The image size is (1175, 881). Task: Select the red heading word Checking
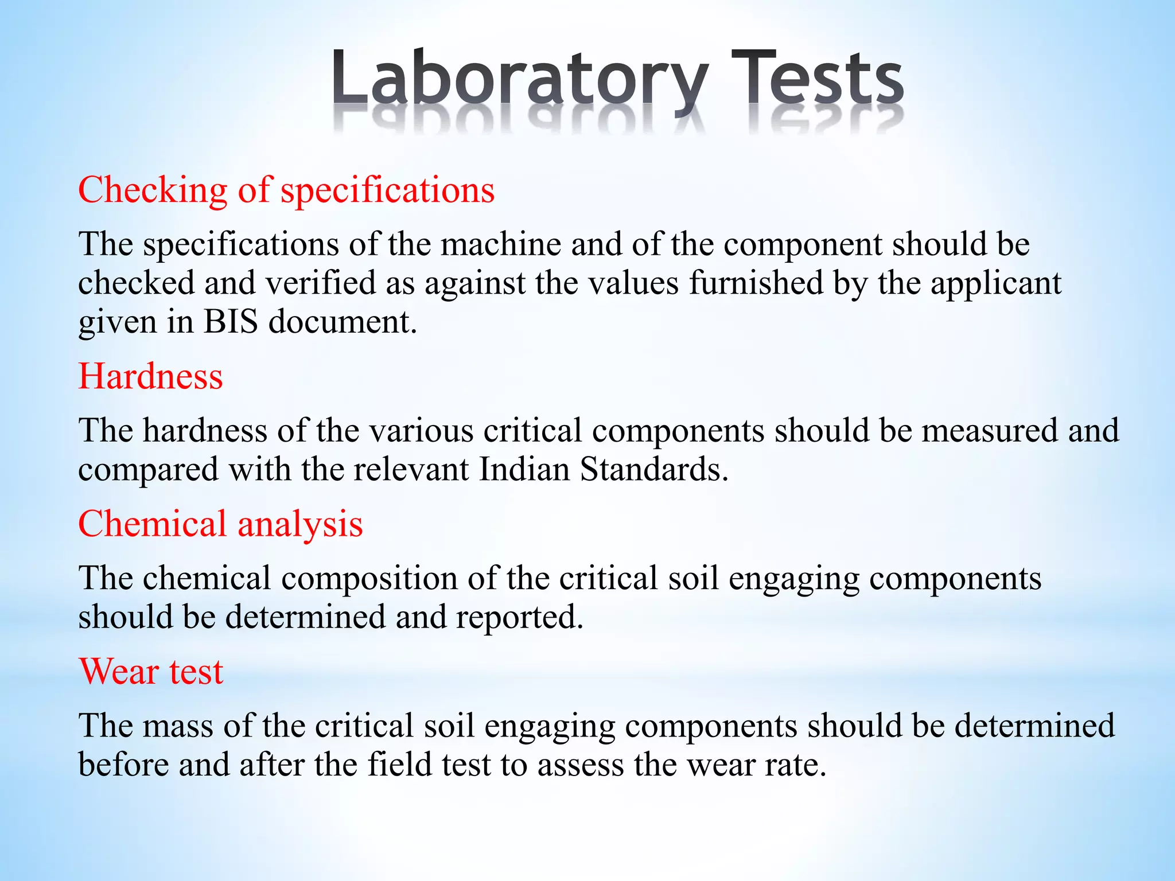coord(153,190)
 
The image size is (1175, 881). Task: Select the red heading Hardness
coord(150,377)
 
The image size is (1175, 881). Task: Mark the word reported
coord(519,618)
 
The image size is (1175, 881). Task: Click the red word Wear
coord(118,672)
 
